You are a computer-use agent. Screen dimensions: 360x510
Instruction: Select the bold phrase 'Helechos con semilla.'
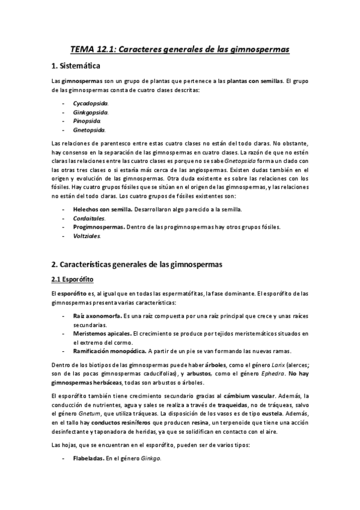[x=99, y=209]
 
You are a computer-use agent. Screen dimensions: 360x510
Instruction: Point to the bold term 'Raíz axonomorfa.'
[x=97, y=316]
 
